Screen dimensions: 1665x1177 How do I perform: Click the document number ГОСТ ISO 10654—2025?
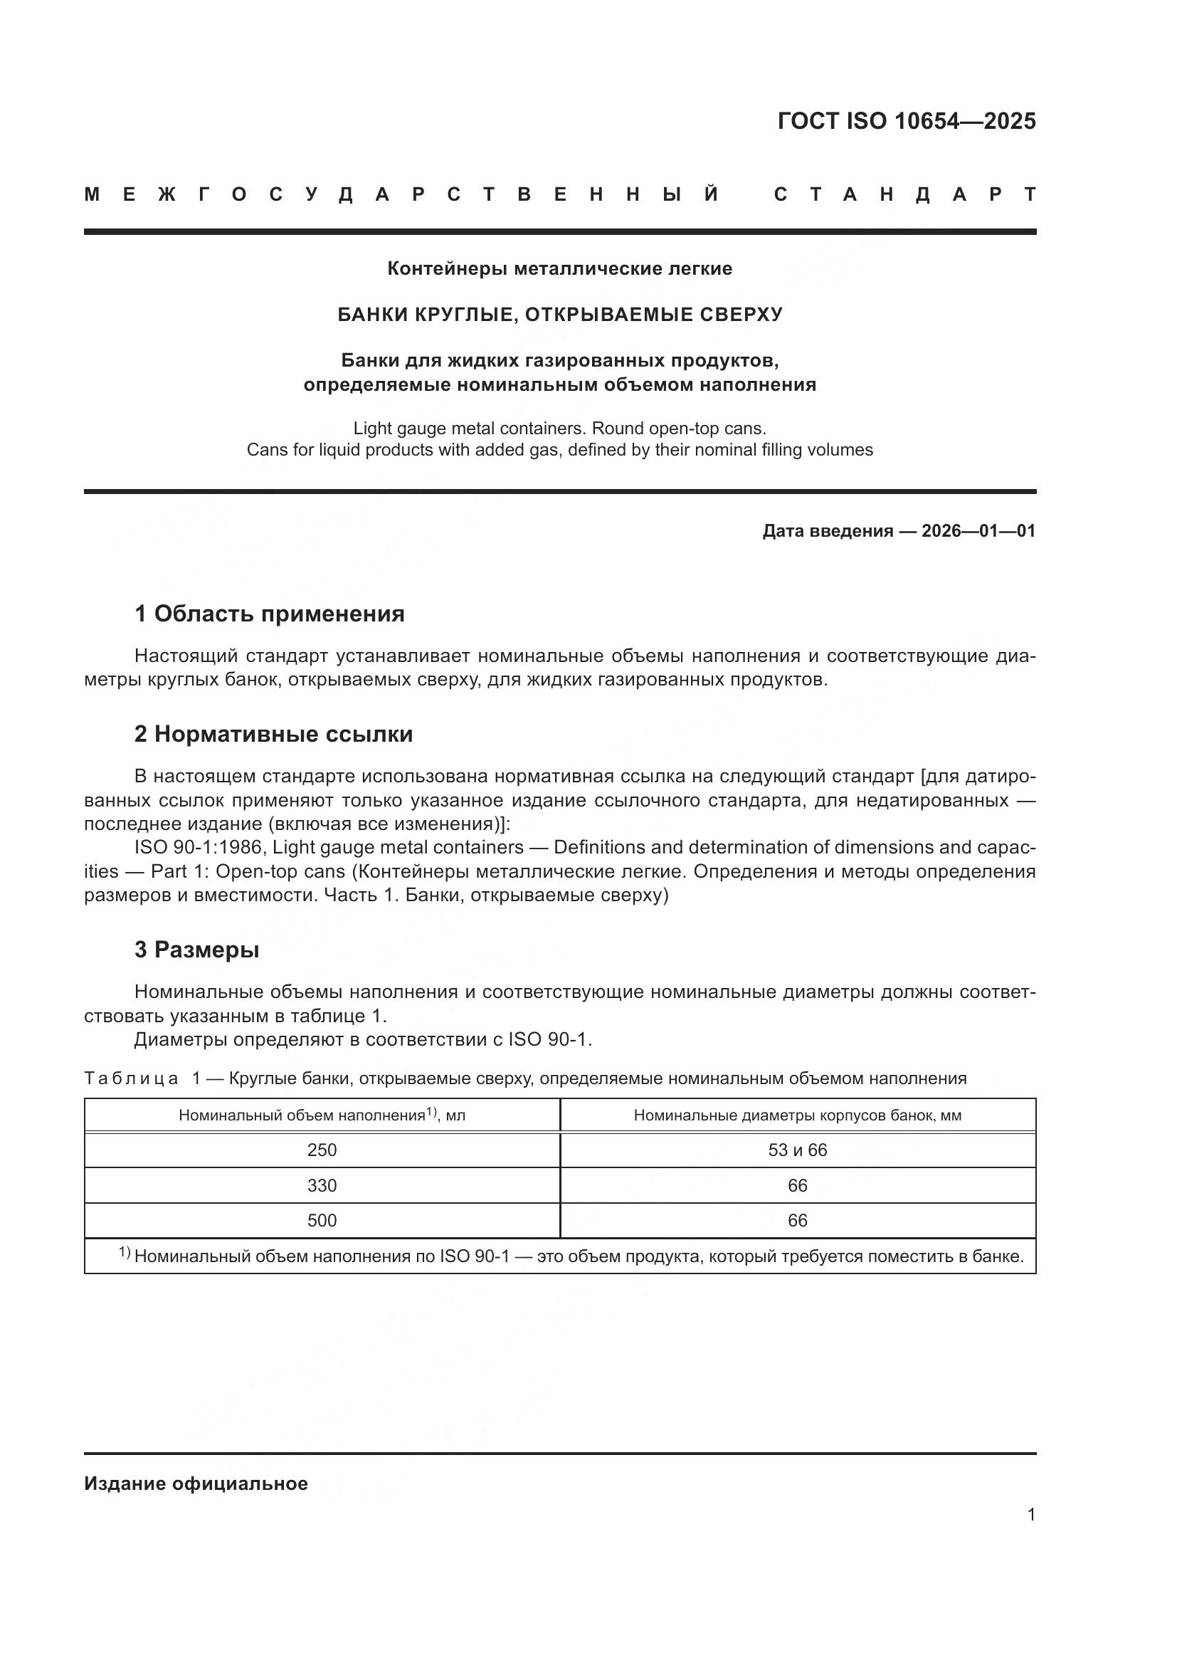tap(906, 121)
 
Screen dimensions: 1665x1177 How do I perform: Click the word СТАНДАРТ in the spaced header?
tap(904, 195)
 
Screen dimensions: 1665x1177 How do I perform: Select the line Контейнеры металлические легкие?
tap(559, 269)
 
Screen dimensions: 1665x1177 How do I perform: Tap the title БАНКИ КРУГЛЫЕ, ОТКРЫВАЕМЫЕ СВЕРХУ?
tap(559, 315)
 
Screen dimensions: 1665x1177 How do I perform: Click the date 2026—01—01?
tap(978, 531)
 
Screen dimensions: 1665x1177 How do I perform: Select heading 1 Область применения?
tap(269, 614)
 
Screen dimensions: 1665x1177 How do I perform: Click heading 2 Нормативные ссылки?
tap(273, 735)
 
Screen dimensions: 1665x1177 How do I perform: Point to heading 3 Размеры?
tap(196, 950)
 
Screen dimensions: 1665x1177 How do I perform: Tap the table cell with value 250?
tap(322, 1150)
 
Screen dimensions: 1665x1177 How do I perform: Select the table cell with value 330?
tap(322, 1186)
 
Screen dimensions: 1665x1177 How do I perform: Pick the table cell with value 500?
tap(322, 1221)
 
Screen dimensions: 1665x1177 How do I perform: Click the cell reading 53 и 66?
tap(797, 1150)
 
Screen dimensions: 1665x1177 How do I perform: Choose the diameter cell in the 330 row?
tap(797, 1186)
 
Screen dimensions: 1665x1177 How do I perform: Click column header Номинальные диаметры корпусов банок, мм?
tap(797, 1115)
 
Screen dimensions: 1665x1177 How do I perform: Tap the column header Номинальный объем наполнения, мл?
tap(322, 1115)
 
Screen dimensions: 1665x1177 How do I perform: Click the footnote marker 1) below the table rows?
tap(125, 1253)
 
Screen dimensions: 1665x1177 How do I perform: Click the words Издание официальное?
tap(196, 1483)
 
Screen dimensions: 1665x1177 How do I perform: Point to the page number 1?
tap(1030, 1515)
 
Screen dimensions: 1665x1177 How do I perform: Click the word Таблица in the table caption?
tap(131, 1078)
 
